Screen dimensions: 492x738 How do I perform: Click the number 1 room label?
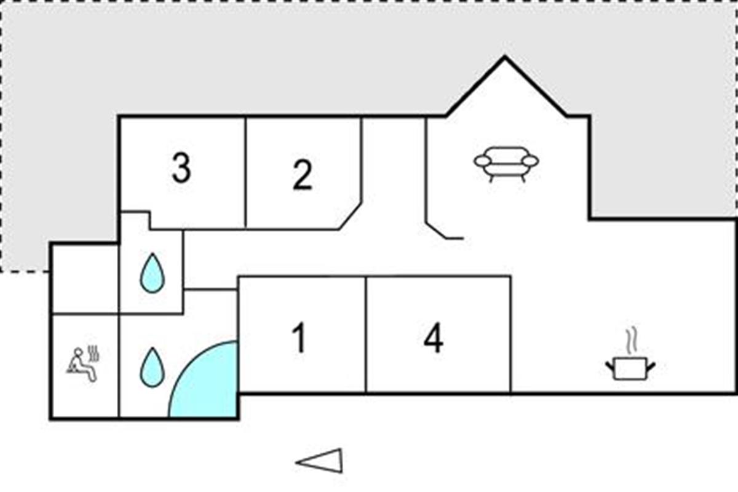(x=300, y=339)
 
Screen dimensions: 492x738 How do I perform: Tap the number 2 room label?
(x=302, y=175)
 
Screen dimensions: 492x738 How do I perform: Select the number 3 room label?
(x=181, y=169)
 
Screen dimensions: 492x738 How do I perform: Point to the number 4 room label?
(x=434, y=339)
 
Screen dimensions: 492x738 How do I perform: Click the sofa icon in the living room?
(x=506, y=163)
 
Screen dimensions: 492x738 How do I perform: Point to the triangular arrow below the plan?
(x=320, y=461)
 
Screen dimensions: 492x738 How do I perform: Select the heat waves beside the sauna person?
(x=94, y=354)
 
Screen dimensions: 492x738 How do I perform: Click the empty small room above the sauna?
(x=84, y=279)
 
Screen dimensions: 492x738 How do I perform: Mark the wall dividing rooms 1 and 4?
(x=366, y=335)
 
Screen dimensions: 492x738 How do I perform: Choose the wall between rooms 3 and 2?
(x=246, y=172)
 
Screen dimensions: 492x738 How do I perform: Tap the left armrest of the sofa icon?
(x=482, y=161)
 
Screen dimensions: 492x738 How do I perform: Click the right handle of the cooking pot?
(x=650, y=367)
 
